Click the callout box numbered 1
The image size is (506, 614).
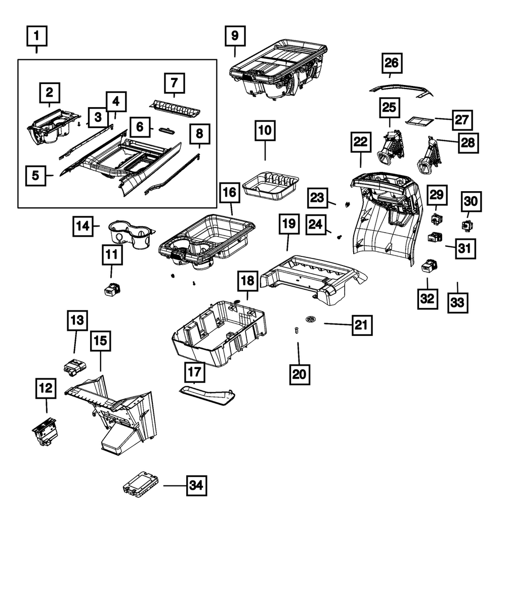pos(36,36)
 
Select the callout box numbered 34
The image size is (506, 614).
pos(196,486)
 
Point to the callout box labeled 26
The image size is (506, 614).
pos(392,63)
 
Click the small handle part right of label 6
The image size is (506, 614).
pos(168,130)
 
